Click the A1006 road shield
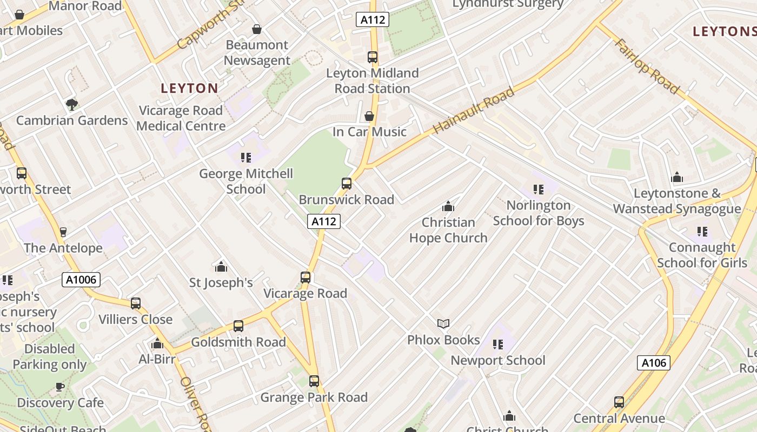click(x=81, y=280)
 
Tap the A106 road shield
click(x=653, y=363)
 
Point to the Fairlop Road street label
click(x=646, y=66)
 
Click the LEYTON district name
click(x=189, y=88)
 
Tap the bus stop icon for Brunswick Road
click(x=347, y=184)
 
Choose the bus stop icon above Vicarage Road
click(x=306, y=278)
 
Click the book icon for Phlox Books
click(x=443, y=323)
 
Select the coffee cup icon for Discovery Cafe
click(x=60, y=387)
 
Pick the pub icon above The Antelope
click(x=63, y=232)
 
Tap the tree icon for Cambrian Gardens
click(x=71, y=104)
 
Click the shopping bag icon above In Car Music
click(x=369, y=116)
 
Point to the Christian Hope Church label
click(x=448, y=230)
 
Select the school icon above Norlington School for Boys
click(x=539, y=189)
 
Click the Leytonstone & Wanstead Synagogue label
click(x=677, y=201)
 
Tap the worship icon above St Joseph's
click(x=221, y=267)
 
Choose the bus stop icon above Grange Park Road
click(x=314, y=381)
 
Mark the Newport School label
click(x=498, y=360)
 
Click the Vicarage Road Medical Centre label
click(x=181, y=118)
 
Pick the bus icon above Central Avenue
click(x=619, y=402)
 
